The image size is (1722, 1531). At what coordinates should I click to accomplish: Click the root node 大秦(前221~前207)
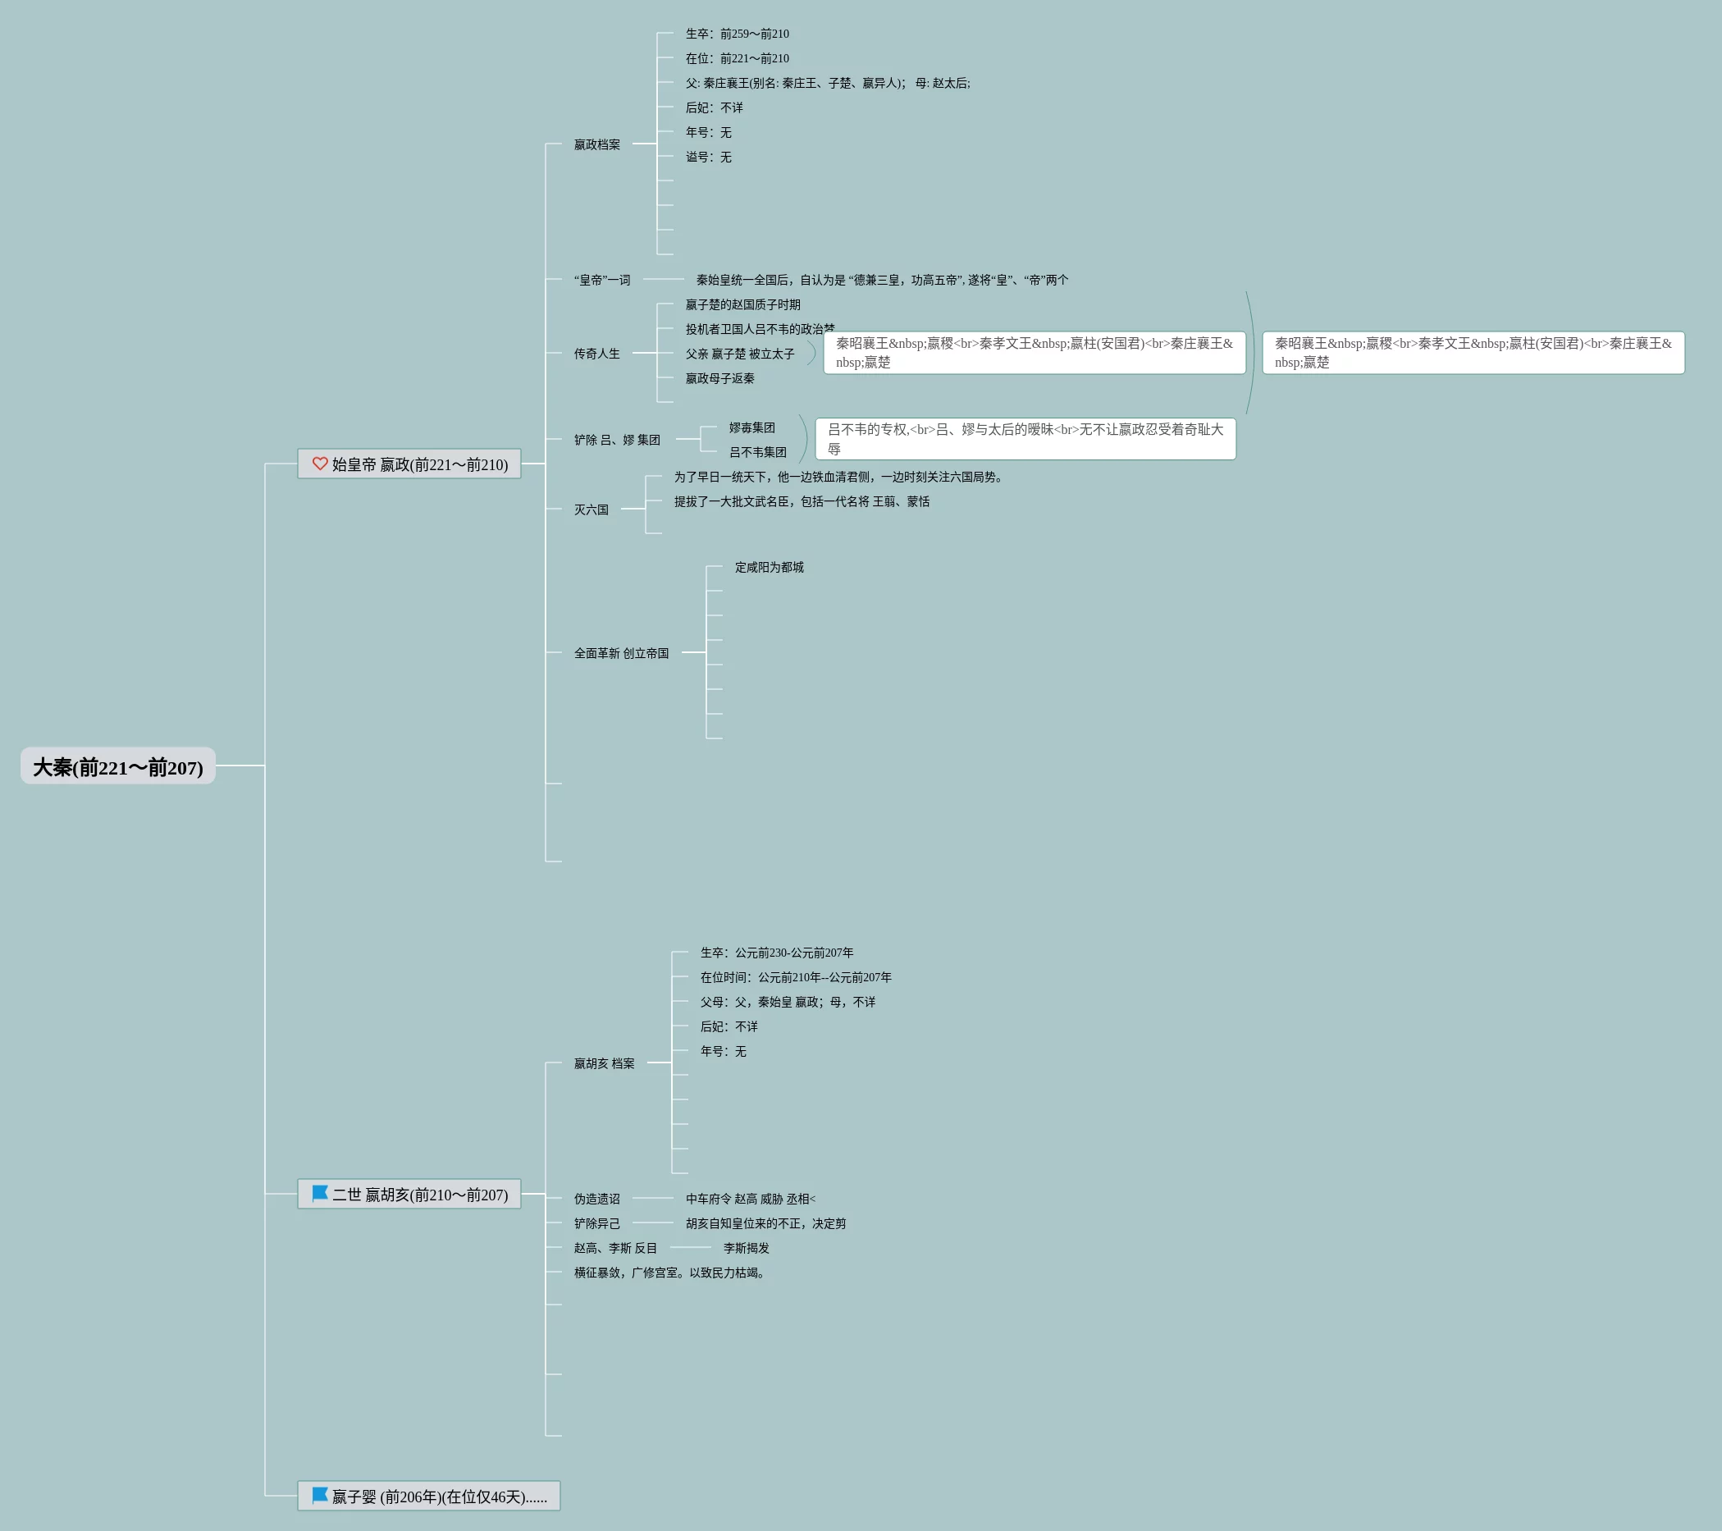click(x=118, y=766)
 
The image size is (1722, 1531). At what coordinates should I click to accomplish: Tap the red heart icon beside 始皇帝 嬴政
click(x=320, y=464)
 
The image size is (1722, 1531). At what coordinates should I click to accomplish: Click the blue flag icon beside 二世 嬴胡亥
click(x=320, y=1193)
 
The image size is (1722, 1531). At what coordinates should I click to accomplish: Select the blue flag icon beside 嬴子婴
click(x=320, y=1496)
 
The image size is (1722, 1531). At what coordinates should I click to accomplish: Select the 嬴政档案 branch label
click(x=596, y=145)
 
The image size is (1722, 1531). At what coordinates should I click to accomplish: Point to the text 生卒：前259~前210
click(x=737, y=34)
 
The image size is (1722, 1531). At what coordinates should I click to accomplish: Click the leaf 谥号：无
click(x=708, y=158)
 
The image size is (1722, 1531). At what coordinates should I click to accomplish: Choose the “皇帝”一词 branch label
click(x=601, y=280)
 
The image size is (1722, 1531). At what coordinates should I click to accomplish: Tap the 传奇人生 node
click(x=596, y=354)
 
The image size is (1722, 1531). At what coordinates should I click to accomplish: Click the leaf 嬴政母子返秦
click(x=719, y=378)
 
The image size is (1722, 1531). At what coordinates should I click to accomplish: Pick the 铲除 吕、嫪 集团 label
click(x=617, y=440)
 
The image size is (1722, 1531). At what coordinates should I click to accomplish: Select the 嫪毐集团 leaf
click(x=751, y=428)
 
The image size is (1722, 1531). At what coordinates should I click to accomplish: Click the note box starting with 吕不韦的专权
click(x=1025, y=439)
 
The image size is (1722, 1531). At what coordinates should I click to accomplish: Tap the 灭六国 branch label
click(x=591, y=510)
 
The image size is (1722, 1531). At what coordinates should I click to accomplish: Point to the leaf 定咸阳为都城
click(x=769, y=567)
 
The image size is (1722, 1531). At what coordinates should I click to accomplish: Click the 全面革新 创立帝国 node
click(x=621, y=653)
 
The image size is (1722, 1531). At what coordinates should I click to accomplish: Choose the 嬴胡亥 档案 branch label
click(x=604, y=1063)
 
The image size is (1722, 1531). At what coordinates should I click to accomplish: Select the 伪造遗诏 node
click(x=596, y=1199)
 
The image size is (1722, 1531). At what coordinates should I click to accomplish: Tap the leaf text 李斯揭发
click(x=746, y=1248)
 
